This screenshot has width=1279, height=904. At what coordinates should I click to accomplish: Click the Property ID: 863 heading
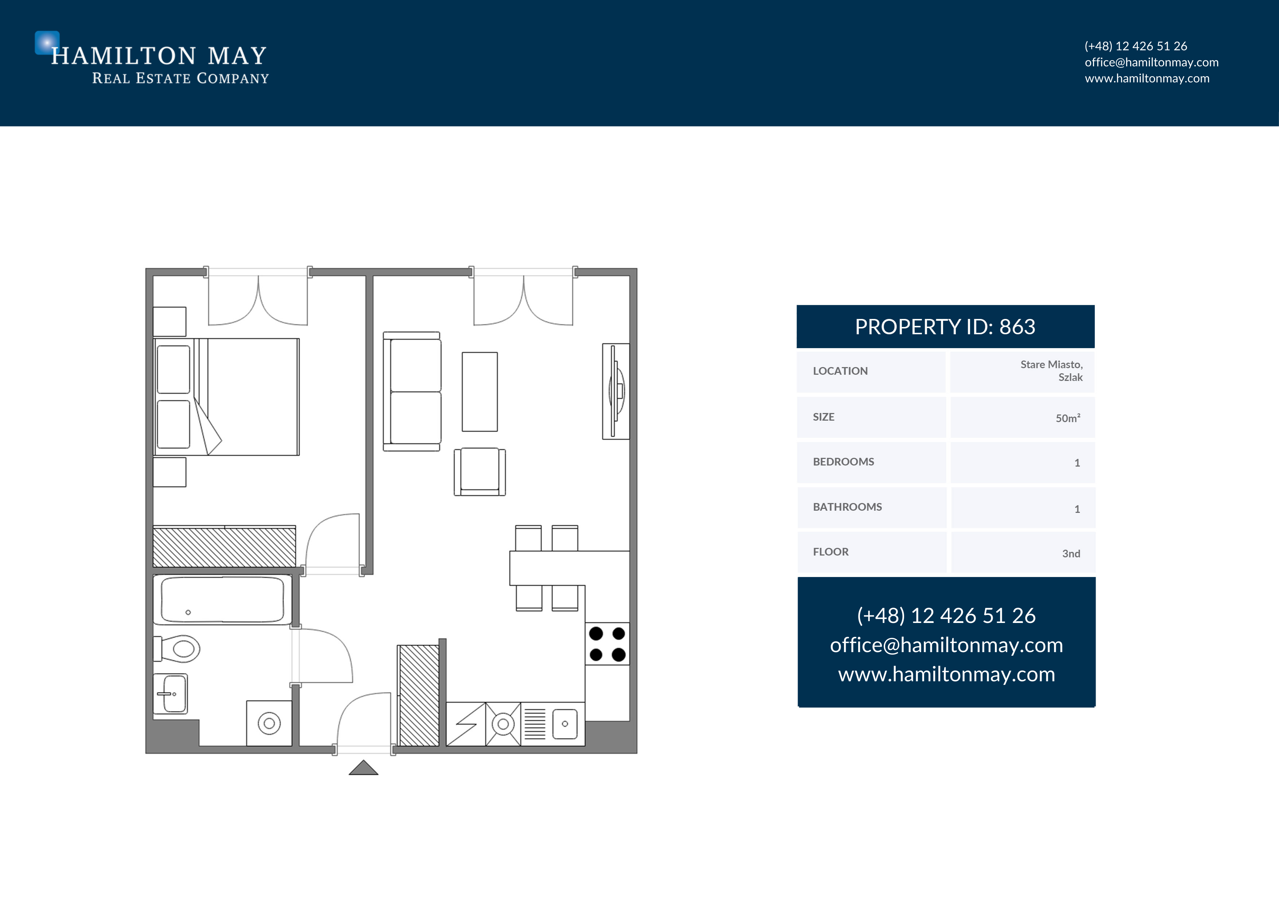[x=945, y=327]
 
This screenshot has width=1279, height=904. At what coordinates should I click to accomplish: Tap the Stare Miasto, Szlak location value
[x=1051, y=371]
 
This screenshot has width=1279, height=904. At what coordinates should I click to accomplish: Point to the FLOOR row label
[x=830, y=552]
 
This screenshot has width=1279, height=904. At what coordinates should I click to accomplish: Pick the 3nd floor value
[x=1071, y=553]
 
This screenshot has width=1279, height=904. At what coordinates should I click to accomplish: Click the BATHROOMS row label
[x=847, y=507]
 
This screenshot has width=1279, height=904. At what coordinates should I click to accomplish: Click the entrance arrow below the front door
[x=363, y=768]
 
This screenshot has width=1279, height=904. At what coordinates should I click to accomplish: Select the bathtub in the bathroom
[x=222, y=600]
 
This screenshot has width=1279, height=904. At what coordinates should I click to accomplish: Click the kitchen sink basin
[x=565, y=724]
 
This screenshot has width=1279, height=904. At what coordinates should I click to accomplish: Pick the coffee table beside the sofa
[x=480, y=391]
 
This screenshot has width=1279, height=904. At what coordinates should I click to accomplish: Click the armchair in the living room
[x=480, y=471]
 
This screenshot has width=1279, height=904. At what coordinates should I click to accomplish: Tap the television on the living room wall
[x=616, y=391]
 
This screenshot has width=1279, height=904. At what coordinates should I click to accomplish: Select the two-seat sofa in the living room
[x=412, y=391]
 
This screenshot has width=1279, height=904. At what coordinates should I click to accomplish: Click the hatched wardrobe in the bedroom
[x=225, y=547]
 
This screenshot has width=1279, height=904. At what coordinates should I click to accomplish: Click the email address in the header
[x=1151, y=62]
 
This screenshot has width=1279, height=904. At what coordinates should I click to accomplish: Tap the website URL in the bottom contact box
[x=946, y=674]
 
